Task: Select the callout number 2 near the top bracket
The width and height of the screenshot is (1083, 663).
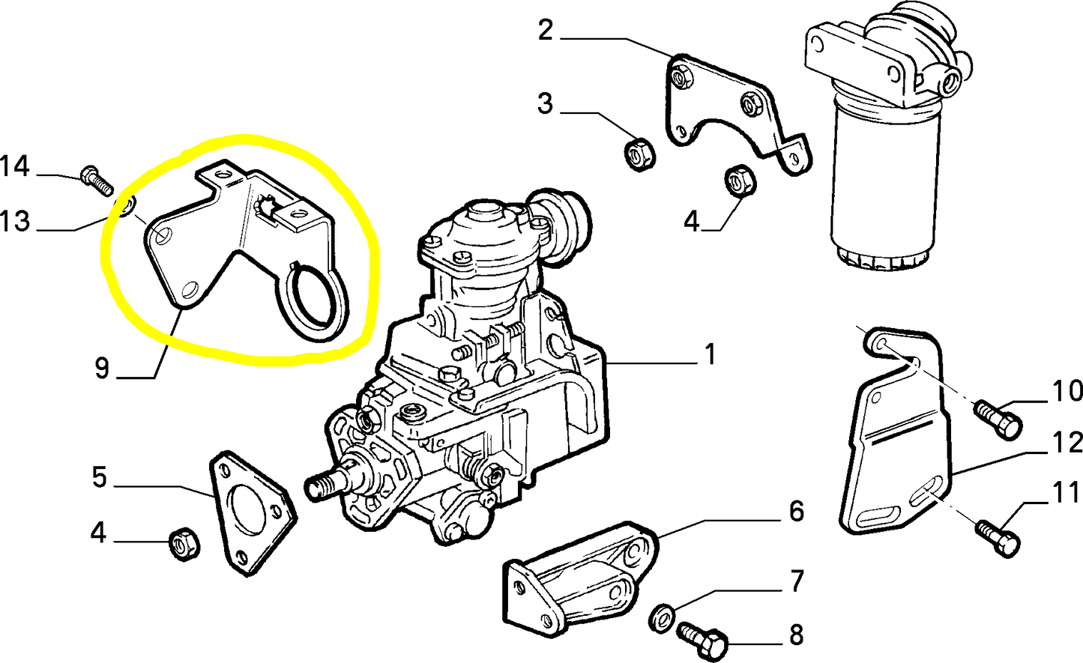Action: (x=546, y=31)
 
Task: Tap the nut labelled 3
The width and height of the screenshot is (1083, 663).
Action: (x=639, y=154)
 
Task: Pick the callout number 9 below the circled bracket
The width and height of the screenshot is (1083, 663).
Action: (x=102, y=368)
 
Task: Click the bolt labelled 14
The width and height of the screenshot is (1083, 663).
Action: (x=95, y=180)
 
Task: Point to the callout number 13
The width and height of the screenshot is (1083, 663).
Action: (x=15, y=221)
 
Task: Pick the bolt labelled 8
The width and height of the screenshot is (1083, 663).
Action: (x=704, y=640)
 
